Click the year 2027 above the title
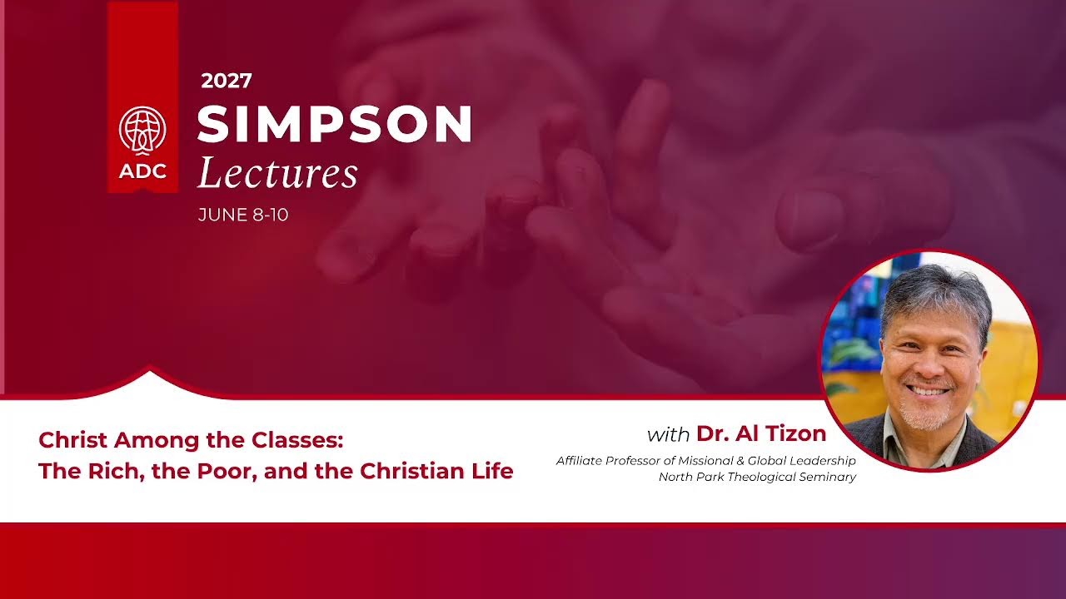coord(227,81)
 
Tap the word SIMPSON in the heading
coord(335,124)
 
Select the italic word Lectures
coord(277,172)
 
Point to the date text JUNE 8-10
coord(243,215)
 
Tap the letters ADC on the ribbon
coord(142,171)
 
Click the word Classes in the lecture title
coord(297,440)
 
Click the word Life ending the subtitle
coord(494,471)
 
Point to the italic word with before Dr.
coord(668,434)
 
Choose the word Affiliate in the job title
coord(579,461)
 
